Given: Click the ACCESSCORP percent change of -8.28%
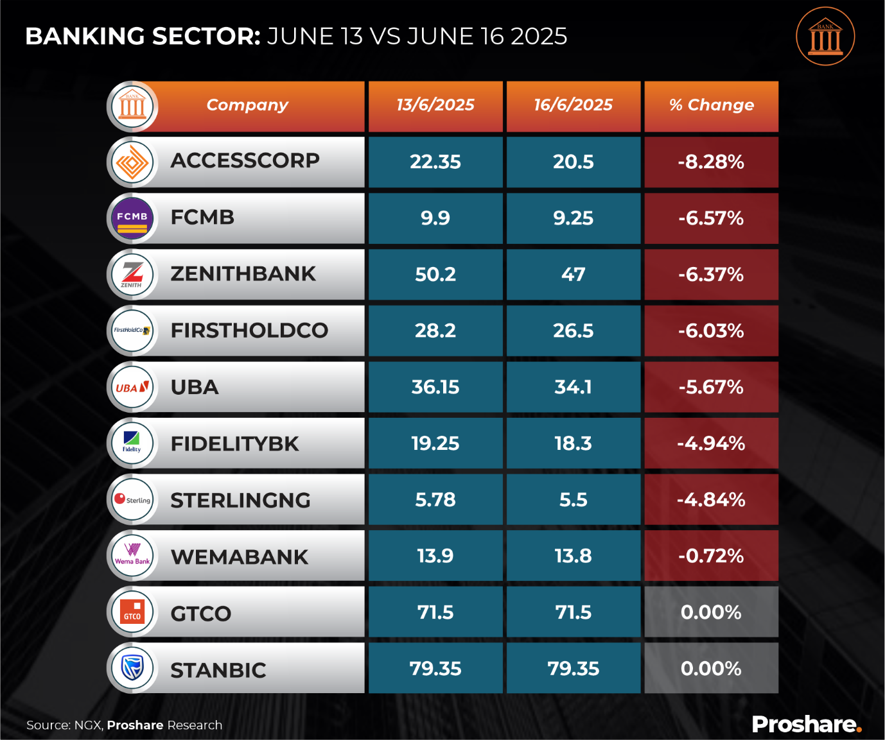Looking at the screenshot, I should pyautogui.click(x=711, y=162).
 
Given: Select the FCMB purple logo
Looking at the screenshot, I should pyautogui.click(x=132, y=218).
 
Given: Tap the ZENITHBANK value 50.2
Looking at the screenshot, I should pyautogui.click(x=435, y=275).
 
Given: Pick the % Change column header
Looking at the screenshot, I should pyautogui.click(x=711, y=105).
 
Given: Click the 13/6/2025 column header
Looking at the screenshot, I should pyautogui.click(x=435, y=105).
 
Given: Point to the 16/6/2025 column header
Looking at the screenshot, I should pyautogui.click(x=574, y=105).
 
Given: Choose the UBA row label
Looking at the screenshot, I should pyautogui.click(x=195, y=388).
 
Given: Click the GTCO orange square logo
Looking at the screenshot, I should pyautogui.click(x=132, y=612).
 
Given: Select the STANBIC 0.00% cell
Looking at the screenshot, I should pyautogui.click(x=711, y=669).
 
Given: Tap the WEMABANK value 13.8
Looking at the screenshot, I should pyautogui.click(x=574, y=556).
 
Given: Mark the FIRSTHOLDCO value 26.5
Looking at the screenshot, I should pyautogui.click(x=574, y=331).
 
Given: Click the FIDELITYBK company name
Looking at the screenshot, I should pyautogui.click(x=234, y=444).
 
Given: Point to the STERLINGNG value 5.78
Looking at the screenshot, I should pyautogui.click(x=435, y=500).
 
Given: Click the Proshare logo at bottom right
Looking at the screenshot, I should pyautogui.click(x=806, y=725).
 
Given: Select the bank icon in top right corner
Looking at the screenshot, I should pyautogui.click(x=825, y=37).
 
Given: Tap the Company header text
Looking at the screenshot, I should pyautogui.click(x=247, y=105).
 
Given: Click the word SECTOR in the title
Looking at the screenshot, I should pyautogui.click(x=206, y=37).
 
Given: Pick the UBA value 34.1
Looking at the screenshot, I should pyautogui.click(x=574, y=388).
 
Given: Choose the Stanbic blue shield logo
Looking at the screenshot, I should pyautogui.click(x=132, y=668).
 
